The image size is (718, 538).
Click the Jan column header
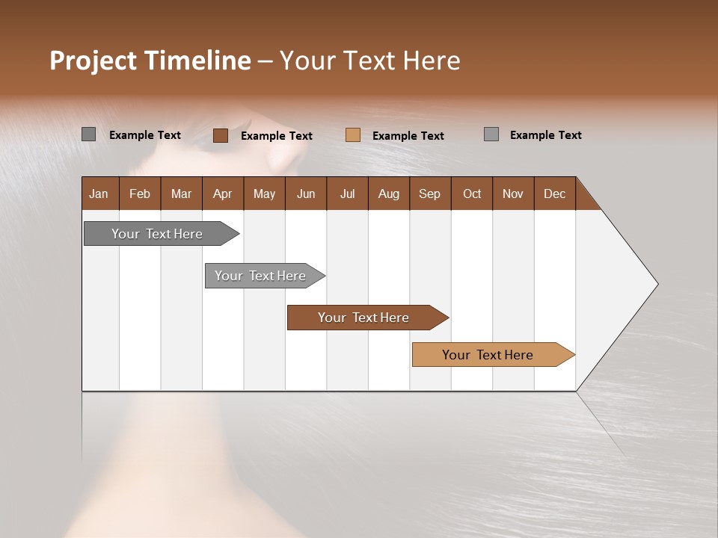pyautogui.click(x=99, y=194)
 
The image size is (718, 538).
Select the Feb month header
pyautogui.click(x=140, y=194)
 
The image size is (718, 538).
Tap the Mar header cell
pyautogui.click(x=181, y=194)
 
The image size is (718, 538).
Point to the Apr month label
pyautogui.click(x=223, y=194)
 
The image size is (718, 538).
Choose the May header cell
pyautogui.click(x=264, y=194)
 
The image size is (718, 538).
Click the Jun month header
pyautogui.click(x=306, y=194)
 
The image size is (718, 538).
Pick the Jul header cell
pyautogui.click(x=347, y=194)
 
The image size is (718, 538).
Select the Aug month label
pyautogui.click(x=389, y=194)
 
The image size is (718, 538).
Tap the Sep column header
pyautogui.click(x=430, y=194)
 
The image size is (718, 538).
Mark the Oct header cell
pyautogui.click(x=472, y=194)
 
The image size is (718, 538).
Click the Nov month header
pyautogui.click(x=513, y=194)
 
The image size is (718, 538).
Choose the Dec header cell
pyautogui.click(x=555, y=194)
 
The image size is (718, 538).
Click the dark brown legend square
pyautogui.click(x=221, y=135)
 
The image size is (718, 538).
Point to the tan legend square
pyautogui.click(x=353, y=135)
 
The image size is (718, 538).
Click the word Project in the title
pyautogui.click(x=93, y=61)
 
